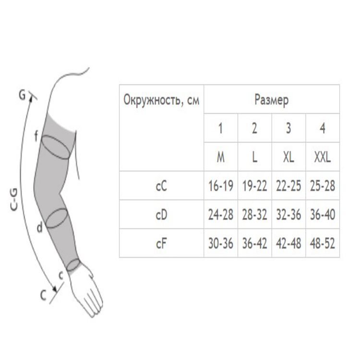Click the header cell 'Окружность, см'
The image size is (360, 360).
pyautogui.click(x=161, y=100)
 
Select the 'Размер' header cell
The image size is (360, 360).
pyautogui.click(x=271, y=100)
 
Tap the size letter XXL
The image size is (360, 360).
pyautogui.click(x=322, y=157)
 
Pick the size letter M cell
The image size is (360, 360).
pyautogui.click(x=220, y=157)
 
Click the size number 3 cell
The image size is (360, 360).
pyautogui.click(x=288, y=129)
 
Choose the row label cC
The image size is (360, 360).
pyautogui.click(x=161, y=186)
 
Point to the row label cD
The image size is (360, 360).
pyautogui.click(x=161, y=215)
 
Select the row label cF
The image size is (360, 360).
pyautogui.click(x=161, y=243)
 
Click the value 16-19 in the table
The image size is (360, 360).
pyautogui.click(x=220, y=186)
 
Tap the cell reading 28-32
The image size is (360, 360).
pyautogui.click(x=254, y=215)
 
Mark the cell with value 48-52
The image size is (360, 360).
pyautogui.click(x=322, y=243)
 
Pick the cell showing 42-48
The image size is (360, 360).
pyautogui.click(x=288, y=243)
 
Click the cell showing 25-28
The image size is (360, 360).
pyautogui.click(x=322, y=186)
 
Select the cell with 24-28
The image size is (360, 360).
pyautogui.click(x=220, y=215)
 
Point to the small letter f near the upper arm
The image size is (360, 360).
pyautogui.click(x=35, y=137)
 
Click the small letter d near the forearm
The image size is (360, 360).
pyautogui.click(x=40, y=228)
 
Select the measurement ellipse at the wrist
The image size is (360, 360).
pyautogui.click(x=72, y=264)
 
